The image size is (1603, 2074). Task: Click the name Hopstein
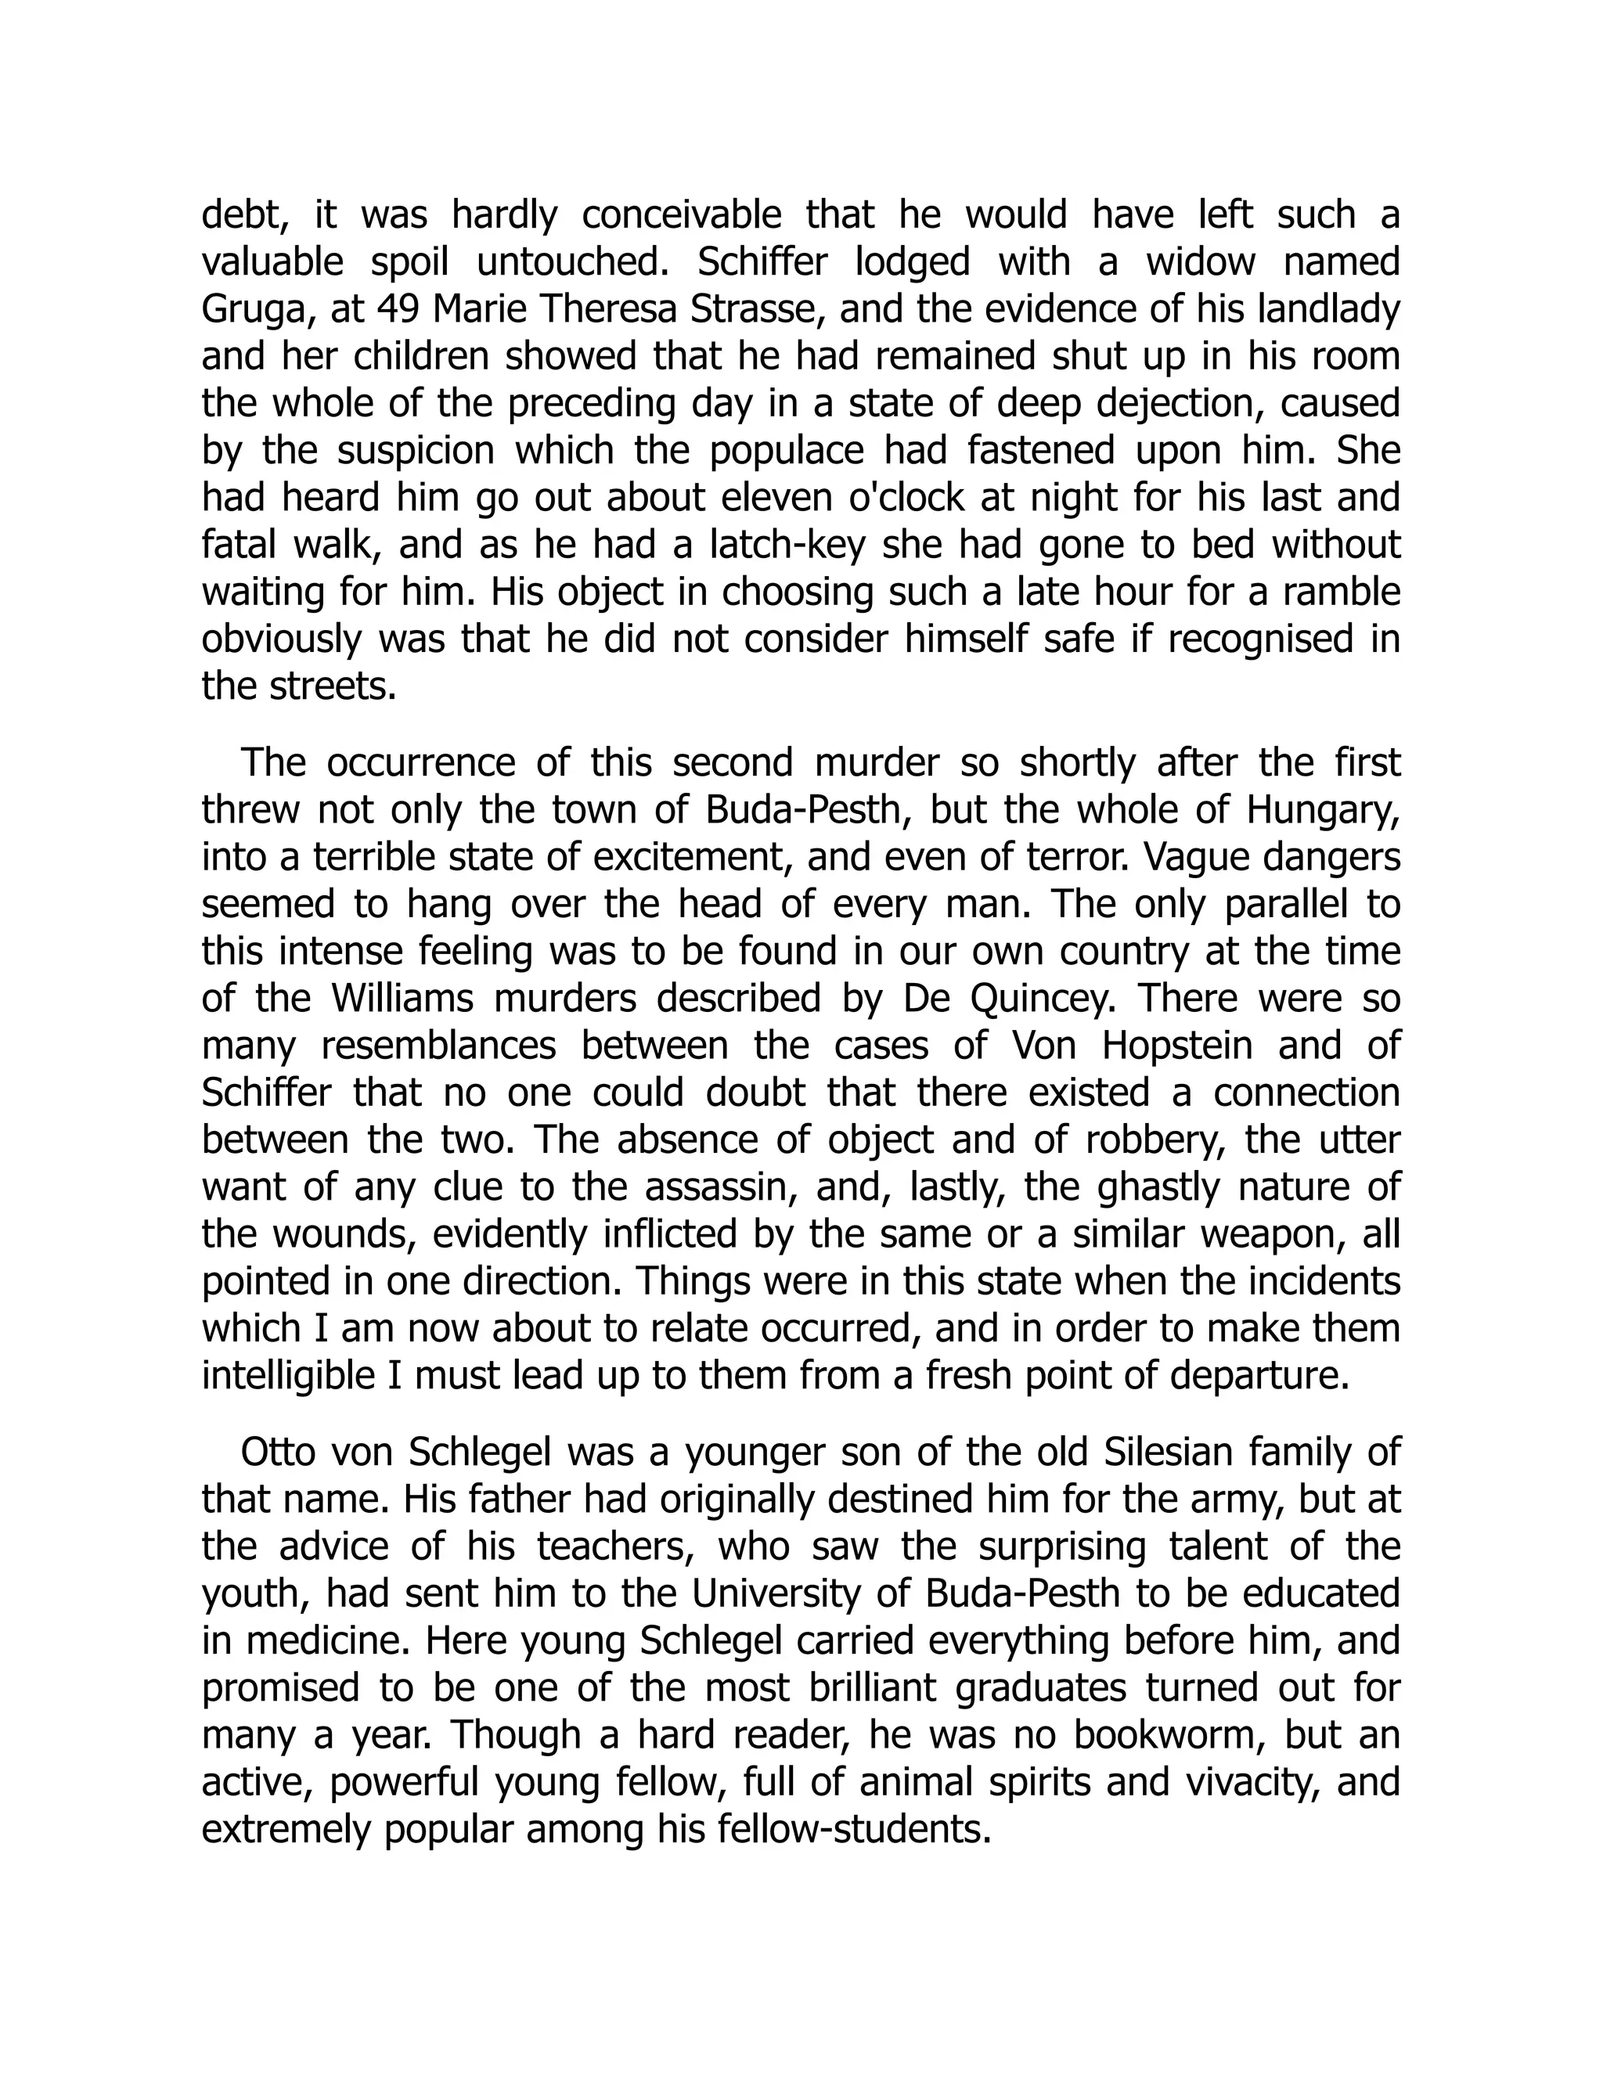(x=1177, y=1046)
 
